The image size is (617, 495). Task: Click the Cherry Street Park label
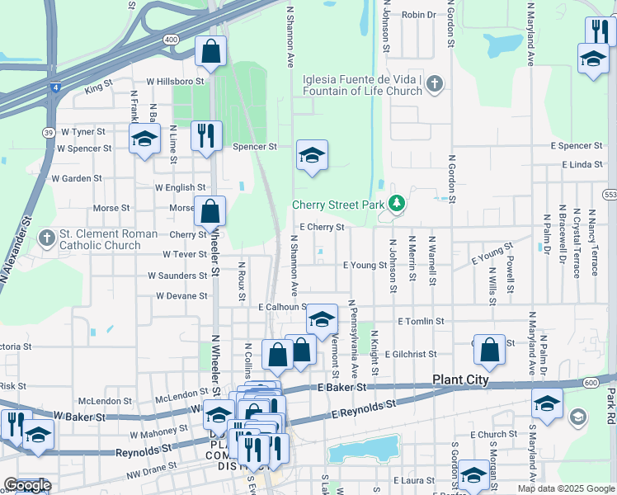[340, 205]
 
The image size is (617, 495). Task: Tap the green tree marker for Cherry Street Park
[397, 202]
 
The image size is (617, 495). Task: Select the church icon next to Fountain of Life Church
[435, 84]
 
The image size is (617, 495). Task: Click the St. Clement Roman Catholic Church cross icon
[46, 238]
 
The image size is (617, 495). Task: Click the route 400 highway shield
[171, 39]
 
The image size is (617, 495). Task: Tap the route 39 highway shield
[49, 132]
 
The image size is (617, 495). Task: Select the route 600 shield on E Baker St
[591, 382]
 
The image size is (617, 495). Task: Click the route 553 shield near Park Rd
[610, 195]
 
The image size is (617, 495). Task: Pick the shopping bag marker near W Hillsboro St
[211, 52]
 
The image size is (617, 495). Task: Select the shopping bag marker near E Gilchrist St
[490, 350]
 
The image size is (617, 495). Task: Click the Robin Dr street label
[419, 15]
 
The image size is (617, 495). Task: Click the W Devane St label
[181, 295]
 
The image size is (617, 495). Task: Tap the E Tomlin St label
[421, 321]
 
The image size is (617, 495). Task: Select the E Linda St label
[582, 165]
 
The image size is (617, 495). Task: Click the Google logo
[27, 485]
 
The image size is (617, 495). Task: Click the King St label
[97, 86]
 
